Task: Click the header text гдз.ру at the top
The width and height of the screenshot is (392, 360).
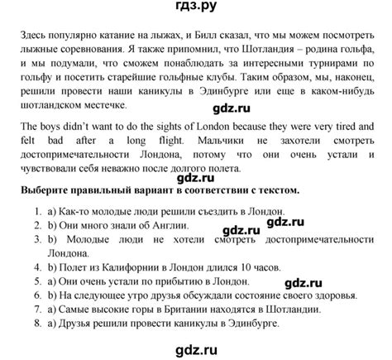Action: [x=196, y=9]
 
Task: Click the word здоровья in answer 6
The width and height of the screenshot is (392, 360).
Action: [x=333, y=295]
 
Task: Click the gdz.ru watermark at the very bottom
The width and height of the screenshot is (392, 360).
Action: [x=196, y=350]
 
